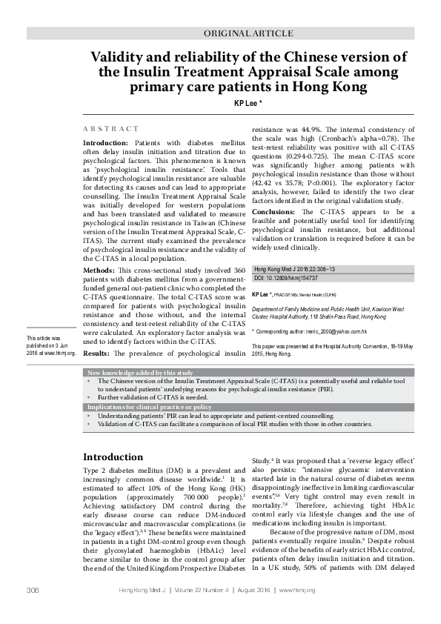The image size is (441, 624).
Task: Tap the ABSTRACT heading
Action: coord(110,129)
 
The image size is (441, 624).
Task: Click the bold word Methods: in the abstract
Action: coord(99,272)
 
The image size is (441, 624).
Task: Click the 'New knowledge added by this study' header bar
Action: coord(141,372)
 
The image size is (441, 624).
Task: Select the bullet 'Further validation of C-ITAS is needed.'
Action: coord(145,398)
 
